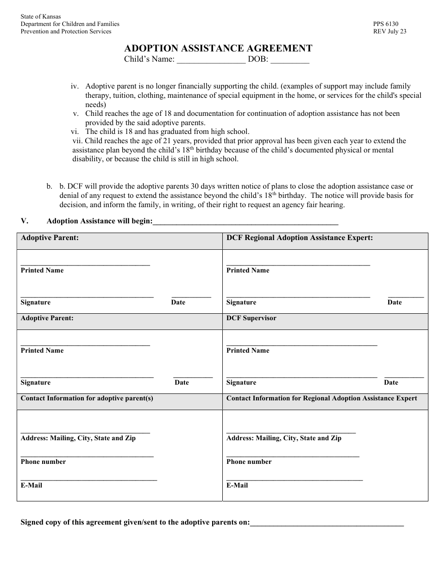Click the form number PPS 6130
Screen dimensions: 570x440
point(385,24)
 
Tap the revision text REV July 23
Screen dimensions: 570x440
point(390,32)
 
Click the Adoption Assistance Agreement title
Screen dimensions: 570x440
point(218,48)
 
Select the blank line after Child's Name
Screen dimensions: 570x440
point(211,60)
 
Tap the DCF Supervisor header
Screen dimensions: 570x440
point(251,318)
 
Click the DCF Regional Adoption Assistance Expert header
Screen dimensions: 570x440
point(300,238)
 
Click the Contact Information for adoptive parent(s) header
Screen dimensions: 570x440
point(87,399)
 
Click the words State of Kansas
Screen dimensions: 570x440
point(41,17)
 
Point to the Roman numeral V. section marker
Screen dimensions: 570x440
point(25,221)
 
